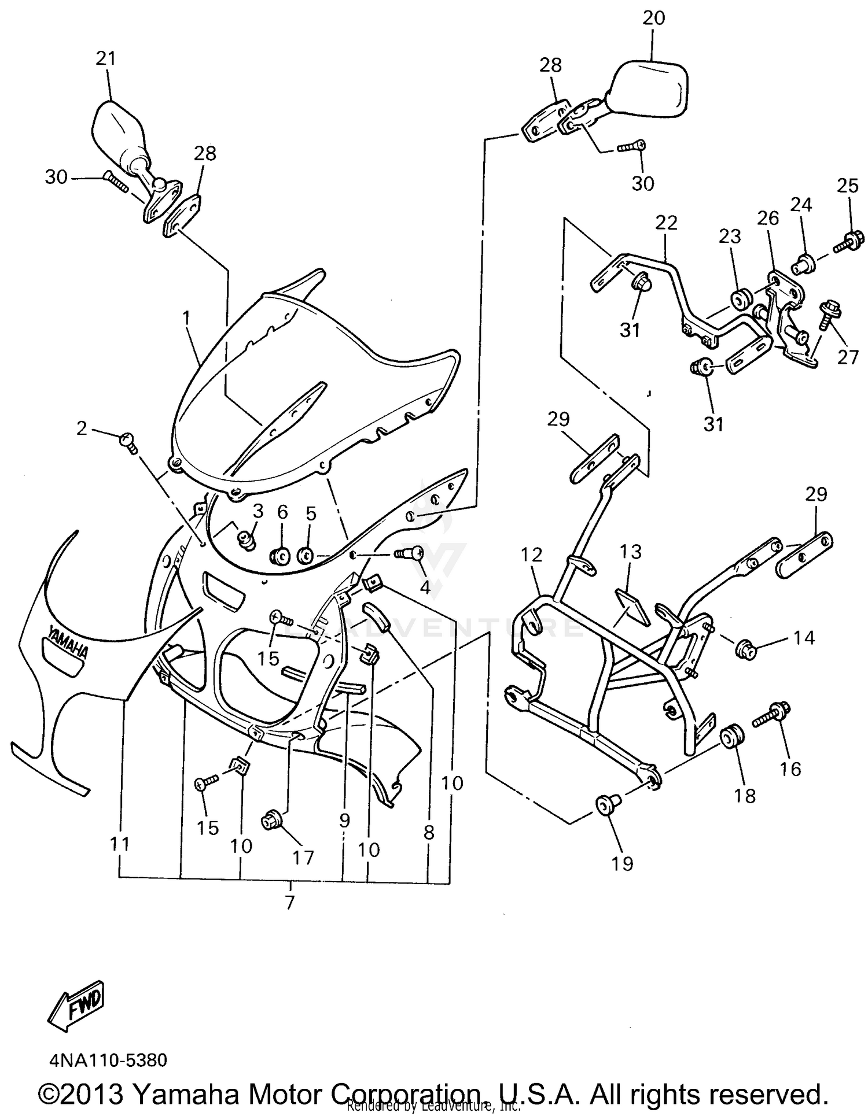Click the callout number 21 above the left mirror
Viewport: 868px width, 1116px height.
[106, 58]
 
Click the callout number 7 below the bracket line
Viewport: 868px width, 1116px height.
[289, 901]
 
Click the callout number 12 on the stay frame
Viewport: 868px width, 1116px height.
[531, 555]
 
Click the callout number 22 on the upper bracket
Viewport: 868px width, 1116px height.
[666, 223]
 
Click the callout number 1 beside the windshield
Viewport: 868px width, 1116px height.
[186, 317]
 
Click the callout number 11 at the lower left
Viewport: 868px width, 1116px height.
[119, 844]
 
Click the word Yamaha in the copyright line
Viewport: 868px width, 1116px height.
[183, 1094]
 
